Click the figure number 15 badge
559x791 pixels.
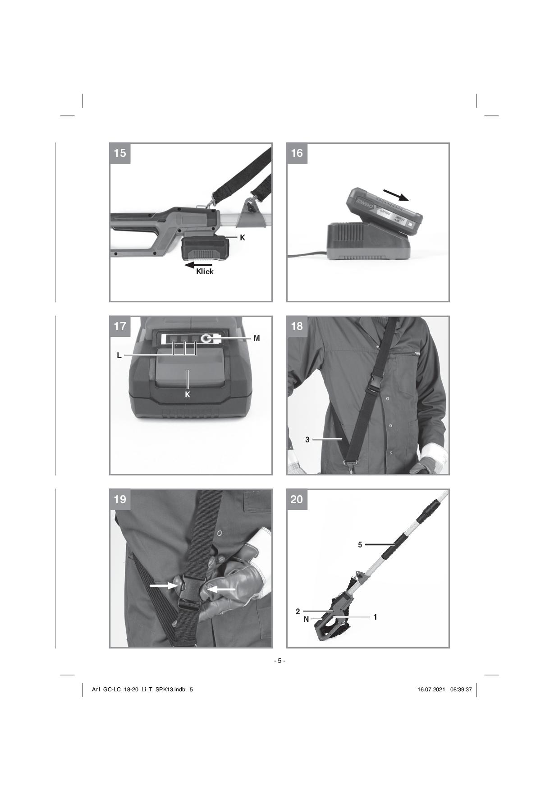pos(120,153)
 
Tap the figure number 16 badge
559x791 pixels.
pos(297,153)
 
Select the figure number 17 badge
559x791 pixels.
pos(120,326)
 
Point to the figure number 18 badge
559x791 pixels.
pos(297,326)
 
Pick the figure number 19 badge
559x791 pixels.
pos(120,499)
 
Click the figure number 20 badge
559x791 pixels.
pos(297,499)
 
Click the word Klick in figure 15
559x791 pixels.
pos(205,271)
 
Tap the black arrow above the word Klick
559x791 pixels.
pos(198,265)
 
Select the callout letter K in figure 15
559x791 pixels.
pos(243,237)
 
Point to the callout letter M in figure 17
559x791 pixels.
pos(257,338)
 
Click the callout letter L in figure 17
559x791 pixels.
pos(119,355)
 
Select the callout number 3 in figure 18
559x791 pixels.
pos(307,439)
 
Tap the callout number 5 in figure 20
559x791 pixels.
pos(360,545)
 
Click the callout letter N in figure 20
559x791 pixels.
pos(306,619)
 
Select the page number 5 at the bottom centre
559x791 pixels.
pos(279,661)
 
